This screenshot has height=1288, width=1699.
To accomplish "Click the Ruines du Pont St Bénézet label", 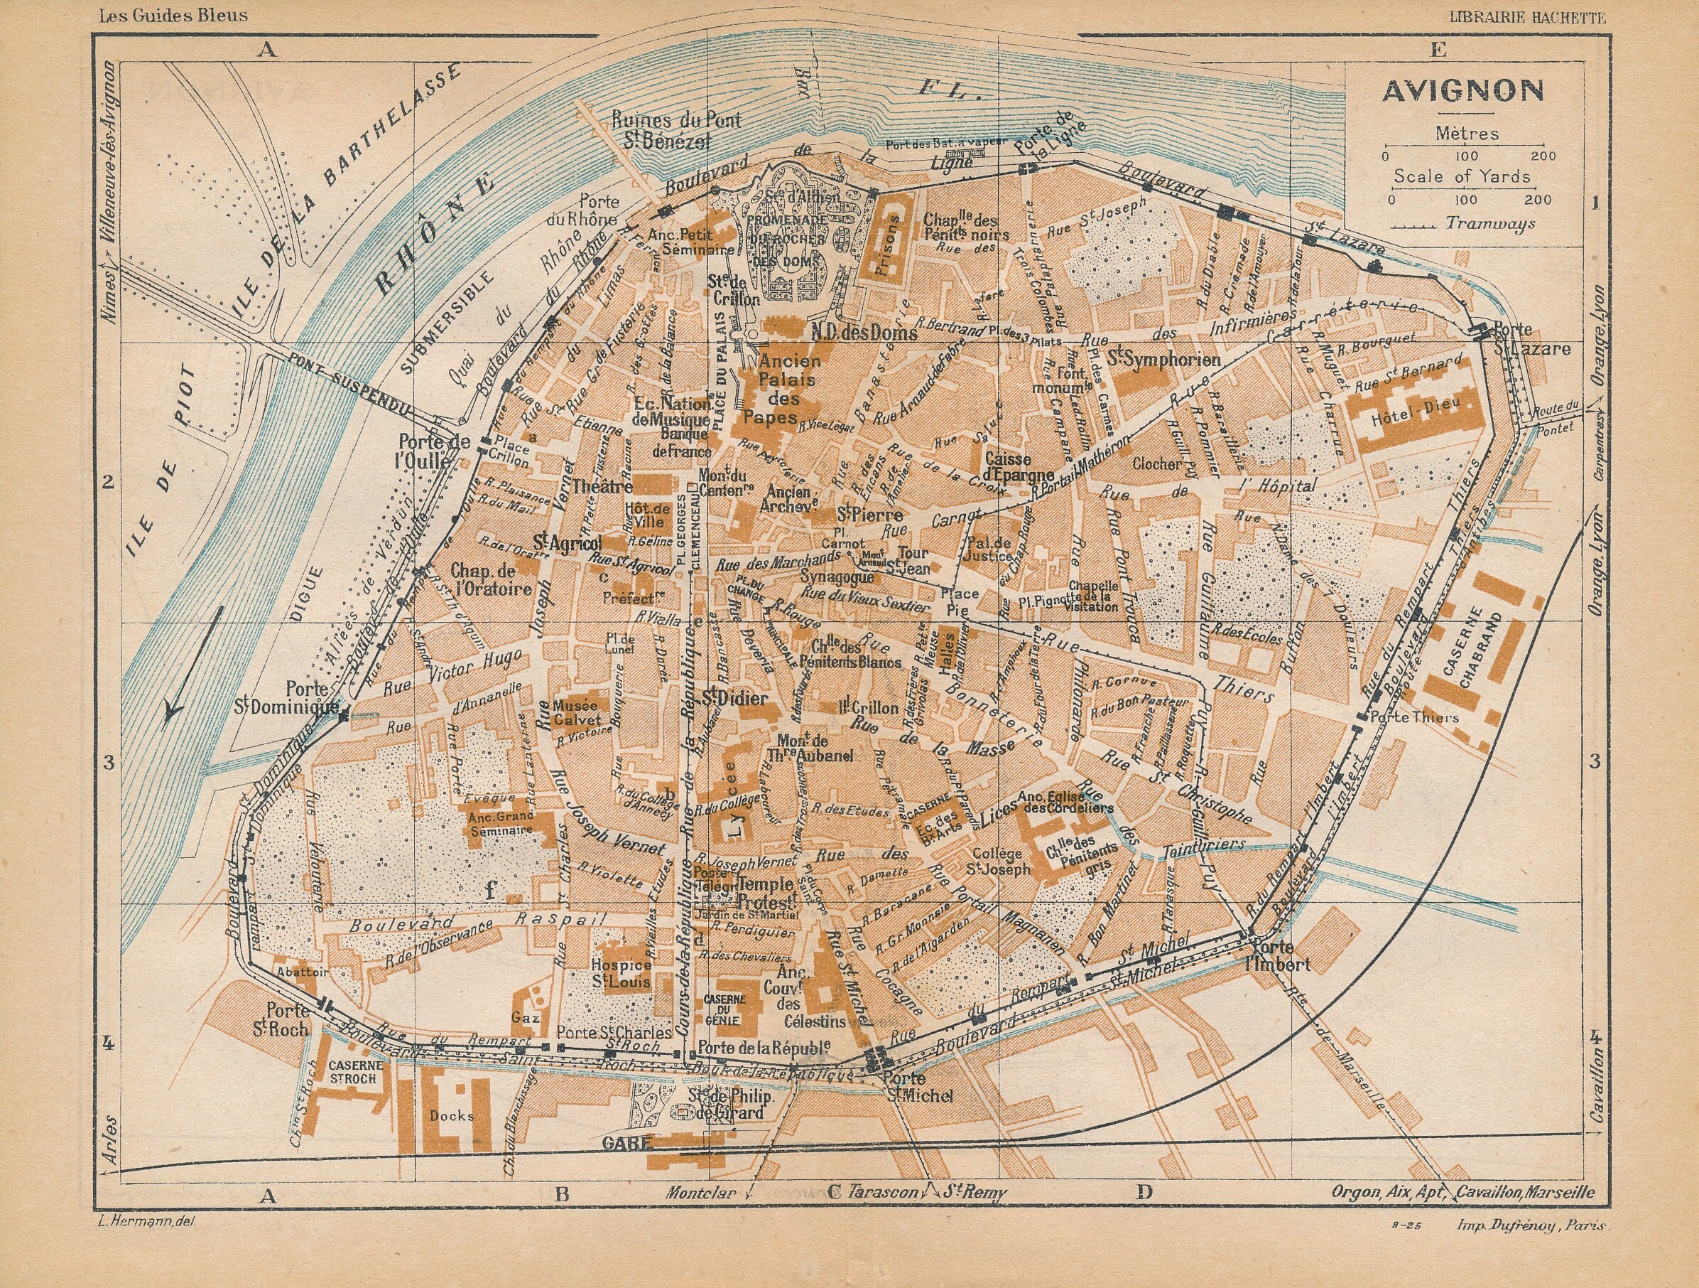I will click(676, 131).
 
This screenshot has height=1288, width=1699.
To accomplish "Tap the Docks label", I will click(452, 1116).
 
